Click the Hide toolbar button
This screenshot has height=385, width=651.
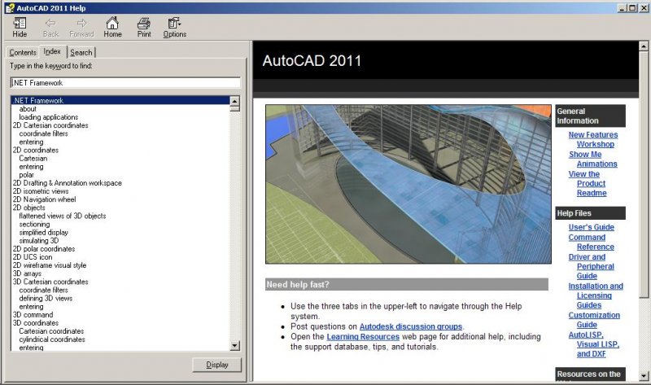20,28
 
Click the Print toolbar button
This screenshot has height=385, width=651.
144,28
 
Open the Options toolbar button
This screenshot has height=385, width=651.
174,28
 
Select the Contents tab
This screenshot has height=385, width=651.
23,53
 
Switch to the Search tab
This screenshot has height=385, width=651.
81,53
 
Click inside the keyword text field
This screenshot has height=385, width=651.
125,83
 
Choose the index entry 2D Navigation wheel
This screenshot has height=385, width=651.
45,199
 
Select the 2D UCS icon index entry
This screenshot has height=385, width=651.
33,257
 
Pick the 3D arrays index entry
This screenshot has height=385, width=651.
27,273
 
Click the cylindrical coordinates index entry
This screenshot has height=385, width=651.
52,339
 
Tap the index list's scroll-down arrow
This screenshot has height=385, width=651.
234,346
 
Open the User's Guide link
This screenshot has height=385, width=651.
592,227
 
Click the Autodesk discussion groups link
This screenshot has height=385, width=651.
411,326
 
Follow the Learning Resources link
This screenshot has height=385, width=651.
363,336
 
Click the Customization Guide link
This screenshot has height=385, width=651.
594,320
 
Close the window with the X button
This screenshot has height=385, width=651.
644,8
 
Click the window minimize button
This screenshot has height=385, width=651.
622,8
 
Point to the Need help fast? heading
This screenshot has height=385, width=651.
298,285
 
